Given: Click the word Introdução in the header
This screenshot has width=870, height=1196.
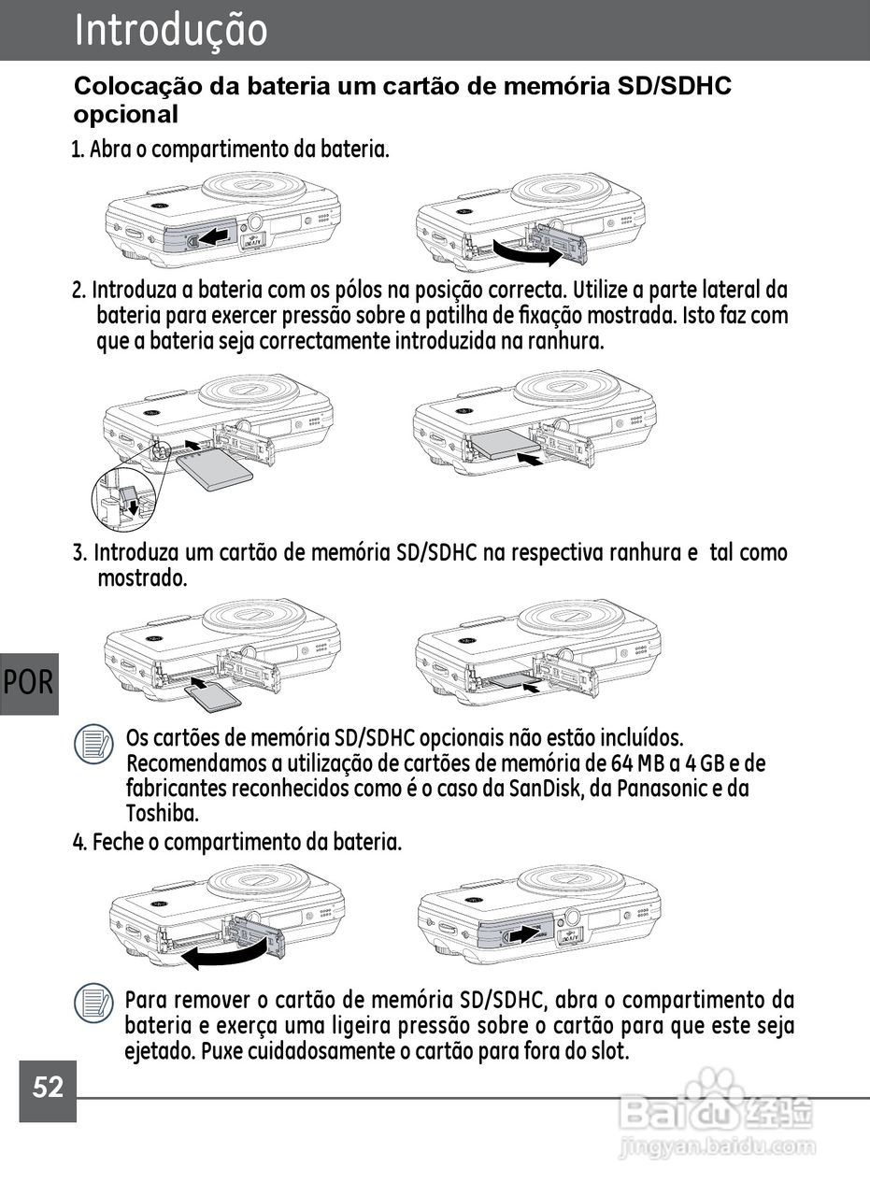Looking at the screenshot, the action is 171,30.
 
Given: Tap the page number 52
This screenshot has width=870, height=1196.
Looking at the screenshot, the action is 48,1087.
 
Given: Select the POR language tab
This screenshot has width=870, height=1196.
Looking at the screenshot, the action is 29,683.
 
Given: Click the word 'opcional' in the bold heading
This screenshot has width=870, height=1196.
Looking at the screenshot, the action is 125,115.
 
